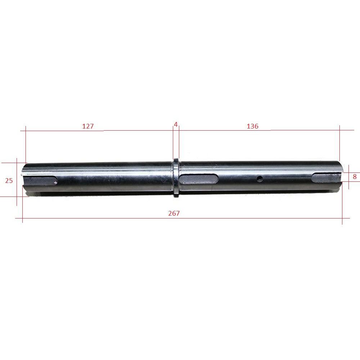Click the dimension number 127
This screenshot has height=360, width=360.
pos(88,126)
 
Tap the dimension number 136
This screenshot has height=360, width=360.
pos(252,126)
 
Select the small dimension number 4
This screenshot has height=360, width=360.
pos(176,125)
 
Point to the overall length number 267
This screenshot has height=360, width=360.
pos(174,213)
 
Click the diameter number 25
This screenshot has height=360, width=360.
pos(9,181)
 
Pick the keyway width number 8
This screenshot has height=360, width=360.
pos(355,176)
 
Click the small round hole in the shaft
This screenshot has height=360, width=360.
pos(260,179)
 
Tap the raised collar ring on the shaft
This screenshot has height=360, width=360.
pos(176,178)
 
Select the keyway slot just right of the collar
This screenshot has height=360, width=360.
pos(198,179)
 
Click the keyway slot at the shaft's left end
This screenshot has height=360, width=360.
pos(40,180)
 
